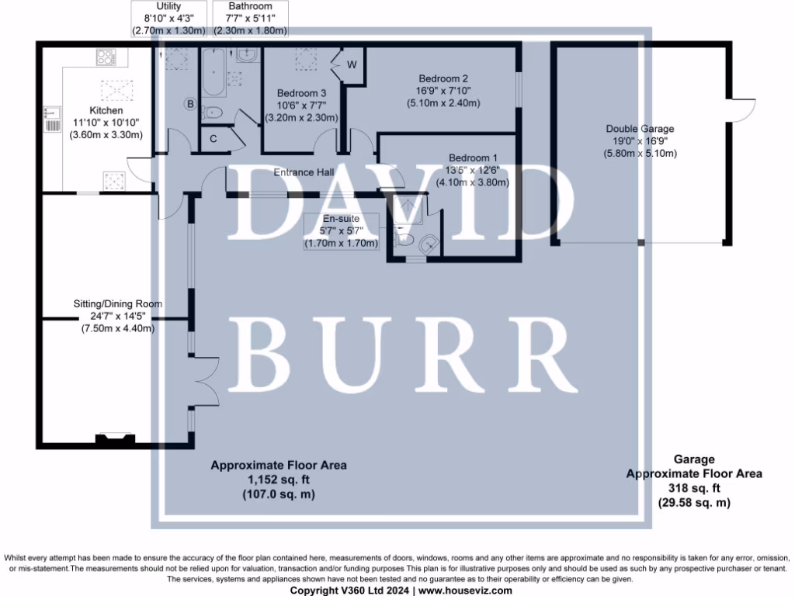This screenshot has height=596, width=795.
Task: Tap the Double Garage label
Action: coord(640,129)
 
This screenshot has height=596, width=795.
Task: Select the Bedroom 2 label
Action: coord(443,78)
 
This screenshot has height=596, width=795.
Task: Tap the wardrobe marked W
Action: coord(351,64)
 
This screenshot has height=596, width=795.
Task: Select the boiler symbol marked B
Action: coord(189,103)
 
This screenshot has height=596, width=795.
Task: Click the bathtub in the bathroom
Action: coord(213,74)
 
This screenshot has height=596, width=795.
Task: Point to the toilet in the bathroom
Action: coord(213,113)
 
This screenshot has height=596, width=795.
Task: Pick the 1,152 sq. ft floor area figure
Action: coord(279,480)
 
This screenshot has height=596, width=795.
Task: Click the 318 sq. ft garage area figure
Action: coord(694,488)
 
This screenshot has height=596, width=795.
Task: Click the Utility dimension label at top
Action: coord(168,19)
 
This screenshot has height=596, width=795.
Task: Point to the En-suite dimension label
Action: coord(341,231)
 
